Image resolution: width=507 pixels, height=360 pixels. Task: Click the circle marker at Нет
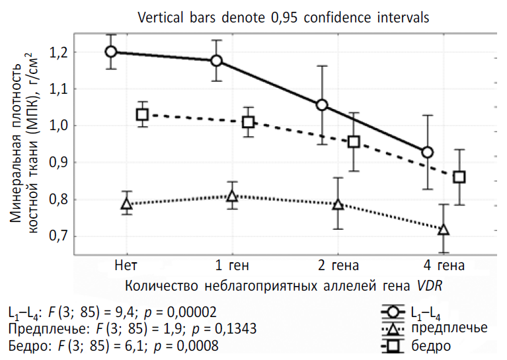click(111, 52)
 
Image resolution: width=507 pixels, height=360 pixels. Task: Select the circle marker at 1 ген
click(217, 61)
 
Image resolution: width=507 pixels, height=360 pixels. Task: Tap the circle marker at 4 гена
click(428, 153)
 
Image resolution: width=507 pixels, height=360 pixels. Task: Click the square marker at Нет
click(142, 114)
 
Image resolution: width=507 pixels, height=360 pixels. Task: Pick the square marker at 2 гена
click(354, 142)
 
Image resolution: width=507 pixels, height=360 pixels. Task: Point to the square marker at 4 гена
click(459, 177)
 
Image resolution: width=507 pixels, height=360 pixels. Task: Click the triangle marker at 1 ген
click(232, 196)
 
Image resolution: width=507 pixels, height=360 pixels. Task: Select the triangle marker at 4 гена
click(444, 230)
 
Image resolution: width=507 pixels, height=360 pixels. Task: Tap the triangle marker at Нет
click(127, 204)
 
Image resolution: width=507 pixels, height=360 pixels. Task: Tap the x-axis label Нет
click(126, 266)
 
